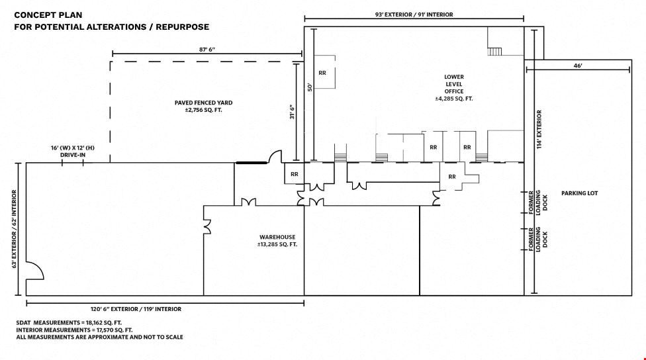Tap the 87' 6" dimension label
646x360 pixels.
pyautogui.click(x=207, y=50)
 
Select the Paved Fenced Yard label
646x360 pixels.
pyautogui.click(x=203, y=107)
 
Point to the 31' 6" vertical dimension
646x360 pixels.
pyautogui.click(x=292, y=112)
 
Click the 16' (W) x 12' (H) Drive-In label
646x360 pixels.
pyautogui.click(x=73, y=151)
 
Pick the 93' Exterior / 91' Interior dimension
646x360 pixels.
pyautogui.click(x=414, y=15)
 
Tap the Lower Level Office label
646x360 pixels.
pyautogui.click(x=454, y=88)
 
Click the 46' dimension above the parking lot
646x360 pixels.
pyautogui.click(x=578, y=66)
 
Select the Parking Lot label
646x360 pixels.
pyautogui.click(x=579, y=193)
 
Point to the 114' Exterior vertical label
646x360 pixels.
pyautogui.click(x=539, y=129)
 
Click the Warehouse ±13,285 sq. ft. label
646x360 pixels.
pyautogui.click(x=277, y=240)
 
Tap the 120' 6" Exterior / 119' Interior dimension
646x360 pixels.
pyautogui.click(x=136, y=309)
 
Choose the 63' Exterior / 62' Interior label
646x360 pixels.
pyautogui.click(x=15, y=229)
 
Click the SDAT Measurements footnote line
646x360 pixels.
pyautogui.click(x=69, y=322)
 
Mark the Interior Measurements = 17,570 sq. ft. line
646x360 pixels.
pyautogui.click(x=74, y=330)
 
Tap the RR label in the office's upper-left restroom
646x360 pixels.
pyautogui.click(x=322, y=73)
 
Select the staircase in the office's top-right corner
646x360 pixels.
pyautogui.click(x=494, y=52)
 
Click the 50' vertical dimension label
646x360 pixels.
pyautogui.click(x=310, y=87)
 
